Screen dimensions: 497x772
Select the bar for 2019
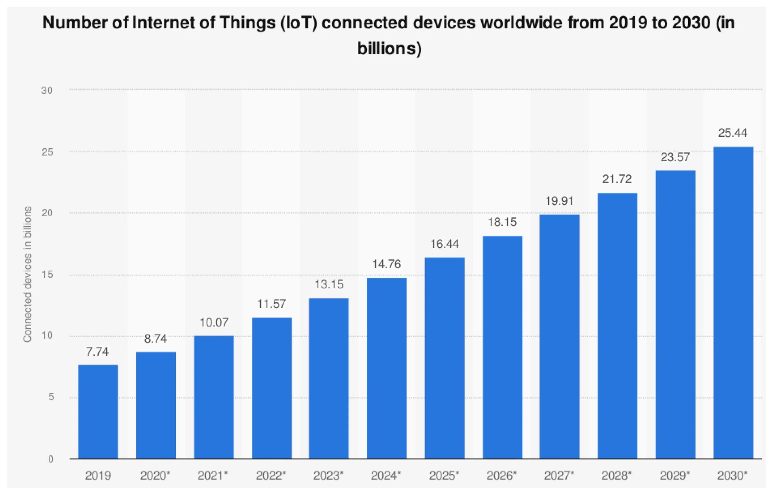click(x=98, y=412)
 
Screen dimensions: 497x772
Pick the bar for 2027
click(x=559, y=336)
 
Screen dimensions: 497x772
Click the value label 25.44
click(x=732, y=133)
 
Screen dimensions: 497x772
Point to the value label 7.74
click(x=97, y=352)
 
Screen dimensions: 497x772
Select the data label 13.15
click(x=329, y=284)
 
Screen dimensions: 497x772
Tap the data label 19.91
click(x=559, y=201)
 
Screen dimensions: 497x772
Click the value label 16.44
click(x=444, y=244)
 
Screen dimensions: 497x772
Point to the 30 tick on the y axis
click(x=47, y=90)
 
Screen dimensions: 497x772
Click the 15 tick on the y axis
click(x=47, y=275)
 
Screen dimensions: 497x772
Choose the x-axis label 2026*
click(x=502, y=475)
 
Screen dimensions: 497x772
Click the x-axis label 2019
click(x=98, y=475)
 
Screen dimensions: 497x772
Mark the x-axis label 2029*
click(x=675, y=475)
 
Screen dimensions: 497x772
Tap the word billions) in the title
click(x=389, y=49)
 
